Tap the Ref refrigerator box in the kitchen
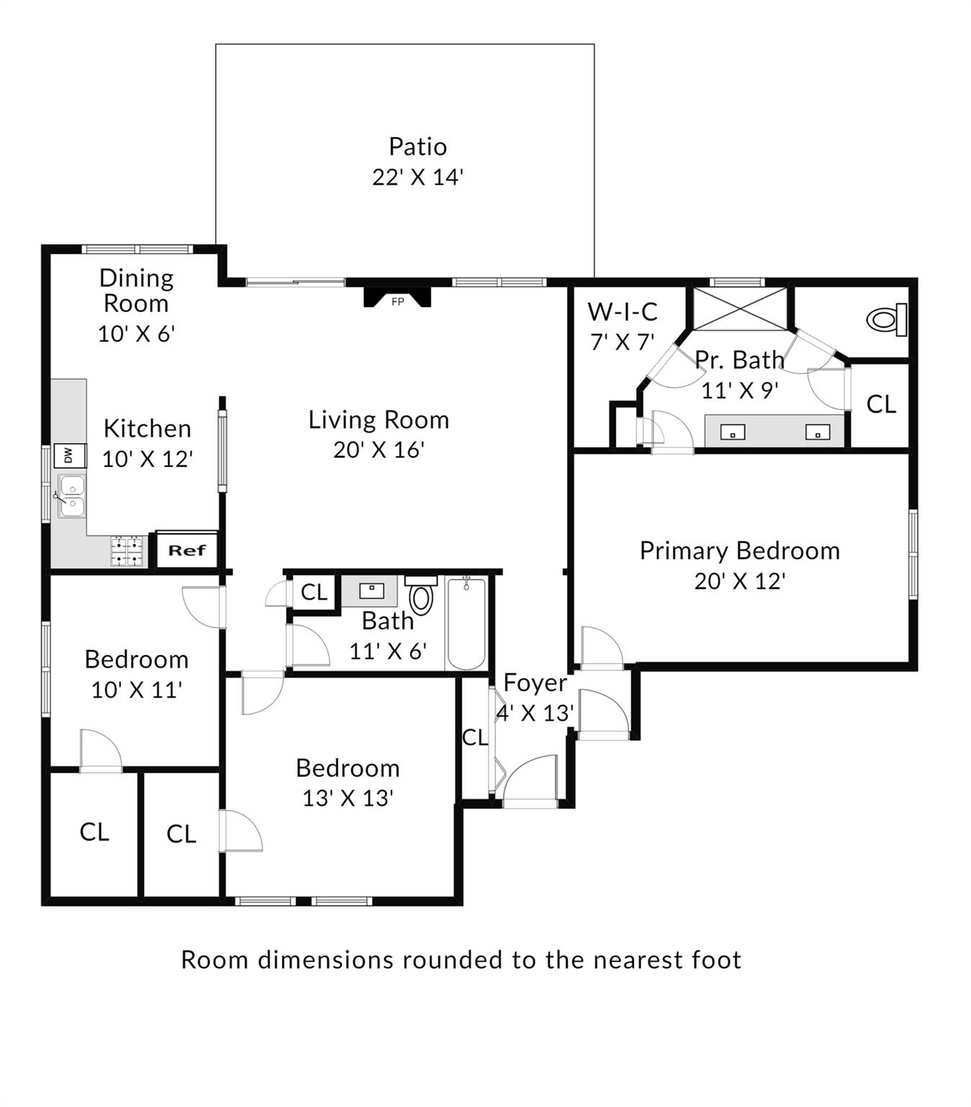click(187, 551)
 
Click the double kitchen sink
click(71, 497)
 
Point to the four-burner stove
click(127, 552)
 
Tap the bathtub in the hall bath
click(466, 623)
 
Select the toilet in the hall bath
click(421, 596)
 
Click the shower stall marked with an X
click(740, 308)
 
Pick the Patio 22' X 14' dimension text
click(417, 177)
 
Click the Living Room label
click(378, 419)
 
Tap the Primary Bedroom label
click(739, 551)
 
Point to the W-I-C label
click(622, 312)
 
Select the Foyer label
click(534, 683)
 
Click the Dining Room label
click(136, 290)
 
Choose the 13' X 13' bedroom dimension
click(347, 799)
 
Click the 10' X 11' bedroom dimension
click(136, 690)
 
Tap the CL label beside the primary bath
click(881, 404)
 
